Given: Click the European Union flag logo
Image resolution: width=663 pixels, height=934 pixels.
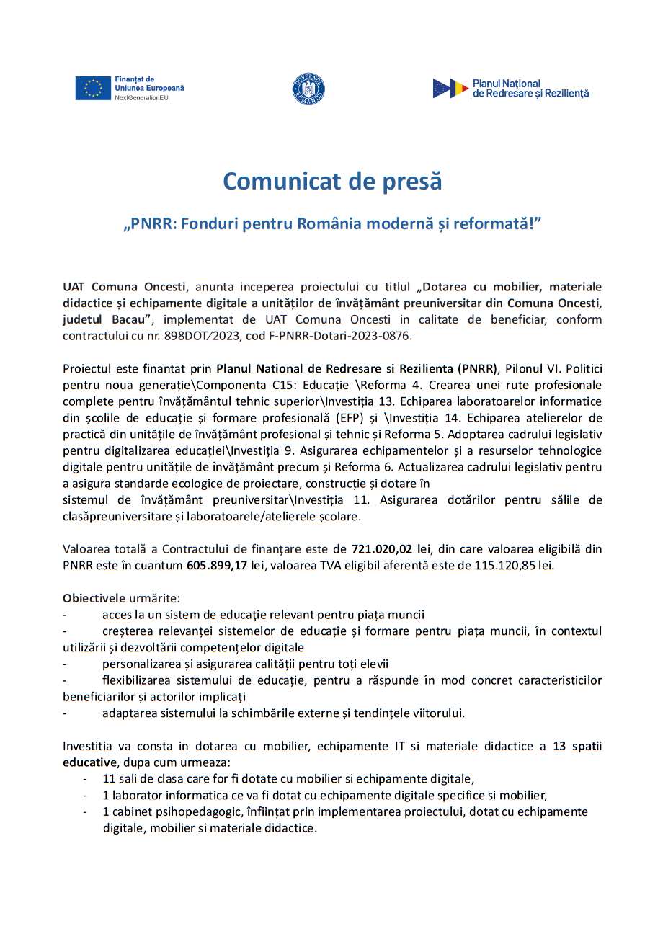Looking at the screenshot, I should tap(93, 88).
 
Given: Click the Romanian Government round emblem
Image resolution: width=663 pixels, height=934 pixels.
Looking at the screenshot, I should tap(308, 89).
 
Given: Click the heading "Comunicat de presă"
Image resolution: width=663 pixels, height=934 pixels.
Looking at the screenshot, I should tap(331, 182).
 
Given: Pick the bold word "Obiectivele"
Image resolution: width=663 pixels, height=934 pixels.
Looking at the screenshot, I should tap(94, 598).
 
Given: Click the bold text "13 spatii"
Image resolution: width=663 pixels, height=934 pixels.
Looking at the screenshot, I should tap(577, 747).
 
